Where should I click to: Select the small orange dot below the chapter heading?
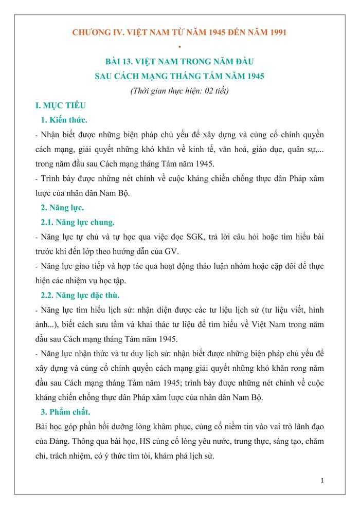[179, 47]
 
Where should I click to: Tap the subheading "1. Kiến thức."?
[64, 120]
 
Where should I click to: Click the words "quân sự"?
[301, 150]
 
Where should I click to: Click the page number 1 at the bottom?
[321, 481]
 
